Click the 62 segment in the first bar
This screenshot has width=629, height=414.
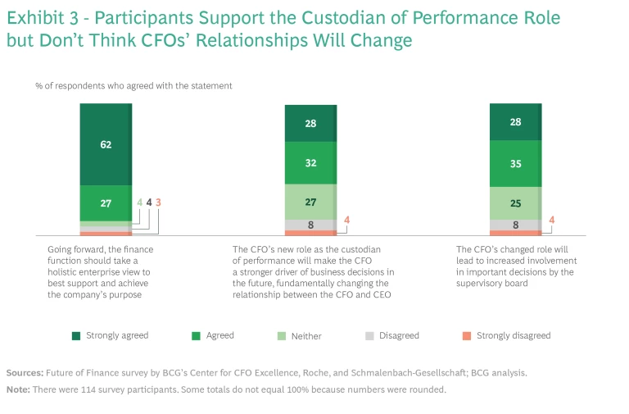coord(106,144)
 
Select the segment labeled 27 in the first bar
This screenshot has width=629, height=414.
coord(106,202)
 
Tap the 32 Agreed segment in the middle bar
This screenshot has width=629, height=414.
coord(310,162)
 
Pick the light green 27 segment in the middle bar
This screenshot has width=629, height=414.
coord(310,201)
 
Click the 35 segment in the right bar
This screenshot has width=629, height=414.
coord(515,163)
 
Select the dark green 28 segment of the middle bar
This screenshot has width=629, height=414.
coord(310,123)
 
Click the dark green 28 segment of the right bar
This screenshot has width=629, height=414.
coord(515,122)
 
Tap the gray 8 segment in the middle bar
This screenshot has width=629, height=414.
coord(310,225)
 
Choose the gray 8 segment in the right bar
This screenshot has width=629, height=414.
coord(515,225)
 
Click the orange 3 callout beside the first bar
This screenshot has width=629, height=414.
coord(158,202)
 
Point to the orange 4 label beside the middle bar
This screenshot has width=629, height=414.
coord(347,219)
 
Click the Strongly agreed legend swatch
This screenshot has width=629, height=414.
coord(75,335)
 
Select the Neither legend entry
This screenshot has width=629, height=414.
coord(305,335)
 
